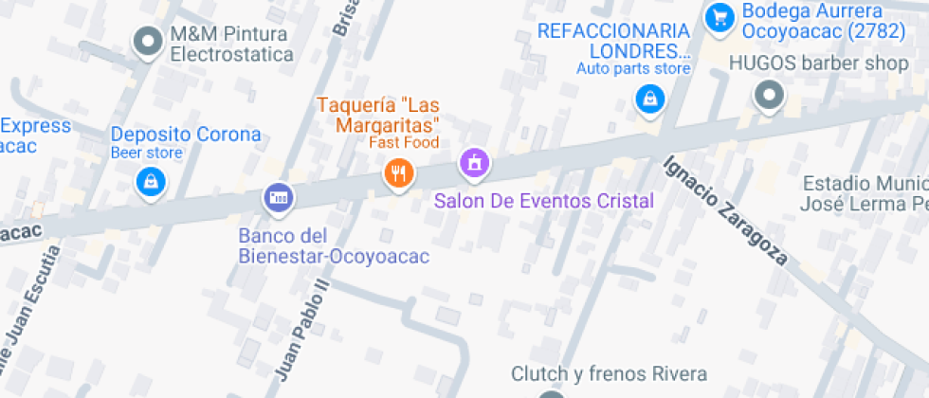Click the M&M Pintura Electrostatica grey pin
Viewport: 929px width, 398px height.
[148, 42]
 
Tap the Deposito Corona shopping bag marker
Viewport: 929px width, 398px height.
[151, 180]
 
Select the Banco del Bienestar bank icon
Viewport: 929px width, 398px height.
[278, 197]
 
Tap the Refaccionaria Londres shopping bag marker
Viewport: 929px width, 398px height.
[649, 98]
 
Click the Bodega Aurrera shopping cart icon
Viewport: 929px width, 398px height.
[720, 16]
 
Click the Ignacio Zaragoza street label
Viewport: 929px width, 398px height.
[725, 208]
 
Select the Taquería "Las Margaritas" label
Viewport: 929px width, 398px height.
[378, 115]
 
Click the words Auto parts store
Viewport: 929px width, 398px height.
[633, 68]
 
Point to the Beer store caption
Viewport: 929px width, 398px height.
[147, 153]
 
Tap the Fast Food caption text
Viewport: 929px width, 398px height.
[405, 143]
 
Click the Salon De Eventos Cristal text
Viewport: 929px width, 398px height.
[544, 201]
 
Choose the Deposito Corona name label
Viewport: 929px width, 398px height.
[186, 134]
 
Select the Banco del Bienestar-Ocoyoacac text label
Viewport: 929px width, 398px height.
[334, 246]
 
